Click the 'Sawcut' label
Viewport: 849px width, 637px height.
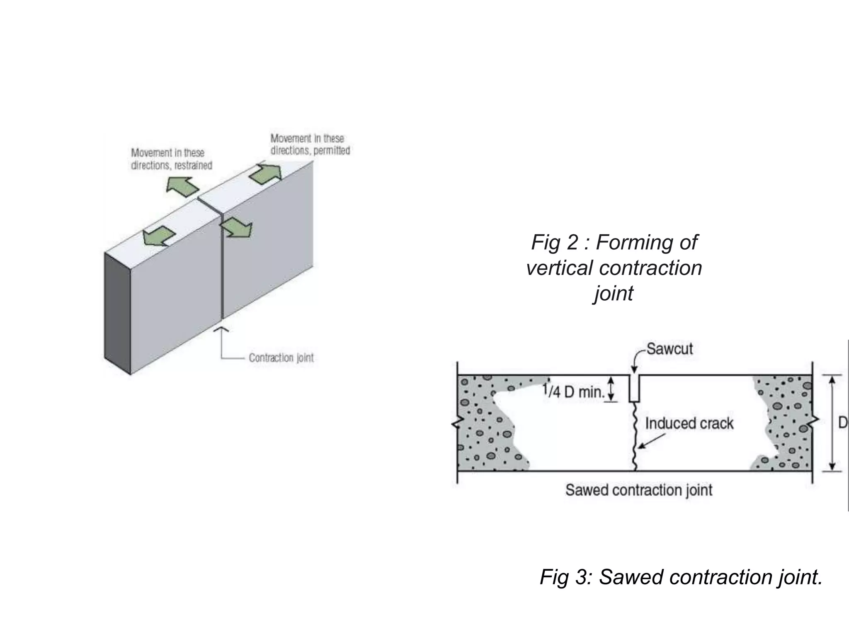pos(669,349)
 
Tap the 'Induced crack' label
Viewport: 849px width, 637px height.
pos(689,423)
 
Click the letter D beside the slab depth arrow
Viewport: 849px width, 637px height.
pos(843,423)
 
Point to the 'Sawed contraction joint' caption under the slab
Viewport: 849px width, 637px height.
pos(638,490)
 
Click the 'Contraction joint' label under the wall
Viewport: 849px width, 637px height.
pos(281,357)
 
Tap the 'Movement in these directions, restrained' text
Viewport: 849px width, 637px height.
pos(171,159)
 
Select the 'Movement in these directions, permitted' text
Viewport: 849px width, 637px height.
pos(310,144)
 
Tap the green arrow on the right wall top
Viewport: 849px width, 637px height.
pos(265,174)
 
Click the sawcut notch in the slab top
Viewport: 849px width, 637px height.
pos(634,388)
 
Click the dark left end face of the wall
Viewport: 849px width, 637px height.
pos(117,313)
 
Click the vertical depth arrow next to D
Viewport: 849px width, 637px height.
pos(832,423)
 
